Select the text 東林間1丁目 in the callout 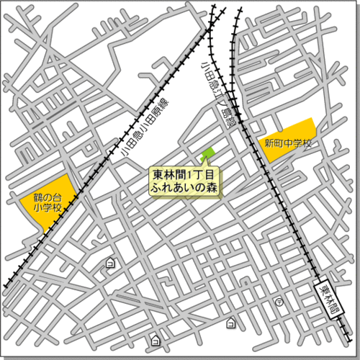coord(184,175)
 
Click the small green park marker coord(207,153)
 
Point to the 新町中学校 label coord(288,143)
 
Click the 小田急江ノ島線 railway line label coord(218,94)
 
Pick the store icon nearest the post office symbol coord(231,321)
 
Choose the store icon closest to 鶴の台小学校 coord(110,264)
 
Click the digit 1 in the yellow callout coord(189,175)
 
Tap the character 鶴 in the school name coord(38,196)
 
